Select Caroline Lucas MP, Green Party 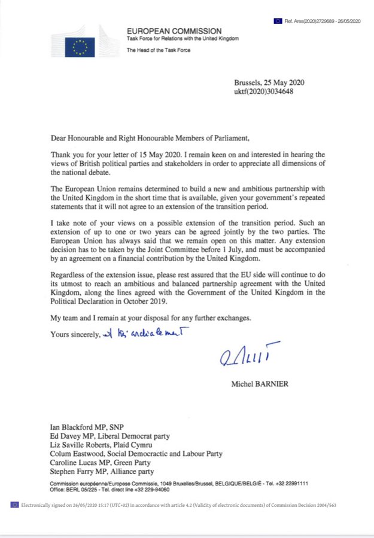tap(101, 463)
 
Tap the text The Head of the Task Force tap(158, 50)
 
